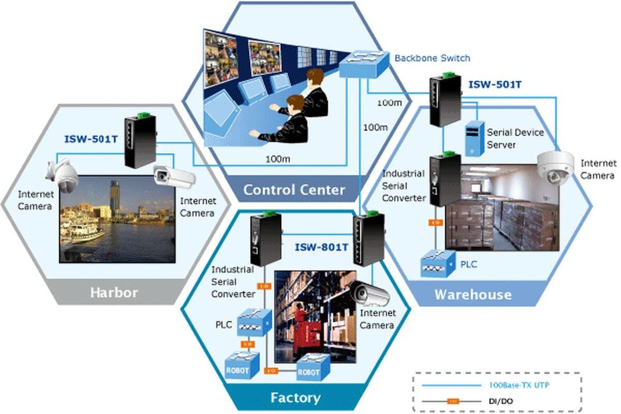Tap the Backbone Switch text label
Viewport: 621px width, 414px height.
coord(432,58)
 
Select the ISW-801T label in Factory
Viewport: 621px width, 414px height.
coord(321,247)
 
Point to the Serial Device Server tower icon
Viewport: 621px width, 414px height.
coord(474,138)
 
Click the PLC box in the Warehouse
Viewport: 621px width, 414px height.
coord(437,263)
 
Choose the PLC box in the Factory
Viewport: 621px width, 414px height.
coord(254,322)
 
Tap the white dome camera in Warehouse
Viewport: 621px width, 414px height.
coord(555,168)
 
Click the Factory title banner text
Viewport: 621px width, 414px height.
coord(295,397)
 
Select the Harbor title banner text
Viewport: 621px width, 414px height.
coord(114,292)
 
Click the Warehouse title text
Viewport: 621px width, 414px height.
coord(473,294)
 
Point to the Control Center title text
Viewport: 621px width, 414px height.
coord(293,190)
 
